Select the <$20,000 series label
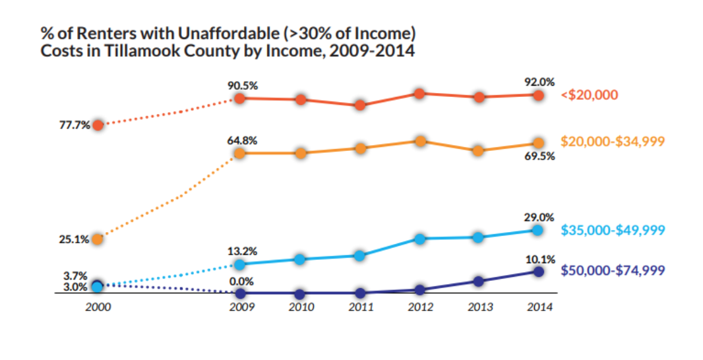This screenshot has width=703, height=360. tap(589, 95)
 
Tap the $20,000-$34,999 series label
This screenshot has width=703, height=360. tap(613, 141)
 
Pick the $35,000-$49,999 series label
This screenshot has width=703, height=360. tap(613, 230)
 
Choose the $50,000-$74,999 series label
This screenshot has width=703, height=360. tap(613, 270)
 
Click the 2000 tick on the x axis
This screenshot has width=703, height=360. tap(97, 307)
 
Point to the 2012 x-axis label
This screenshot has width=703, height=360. tap(420, 307)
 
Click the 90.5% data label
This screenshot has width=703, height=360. tap(242, 84)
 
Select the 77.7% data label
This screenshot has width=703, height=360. tap(74, 125)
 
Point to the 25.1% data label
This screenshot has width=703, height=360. tap(74, 239)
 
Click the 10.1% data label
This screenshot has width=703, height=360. tap(540, 259)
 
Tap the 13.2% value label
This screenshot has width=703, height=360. tap(242, 251)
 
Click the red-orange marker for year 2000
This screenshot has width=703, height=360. tap(98, 125)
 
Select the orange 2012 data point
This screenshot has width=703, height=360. tap(420, 140)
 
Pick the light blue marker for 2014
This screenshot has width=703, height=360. tap(537, 229)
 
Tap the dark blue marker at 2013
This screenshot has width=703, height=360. tap(479, 282)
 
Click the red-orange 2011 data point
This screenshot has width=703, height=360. tap(360, 105)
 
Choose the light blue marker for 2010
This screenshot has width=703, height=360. tap(300, 259)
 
